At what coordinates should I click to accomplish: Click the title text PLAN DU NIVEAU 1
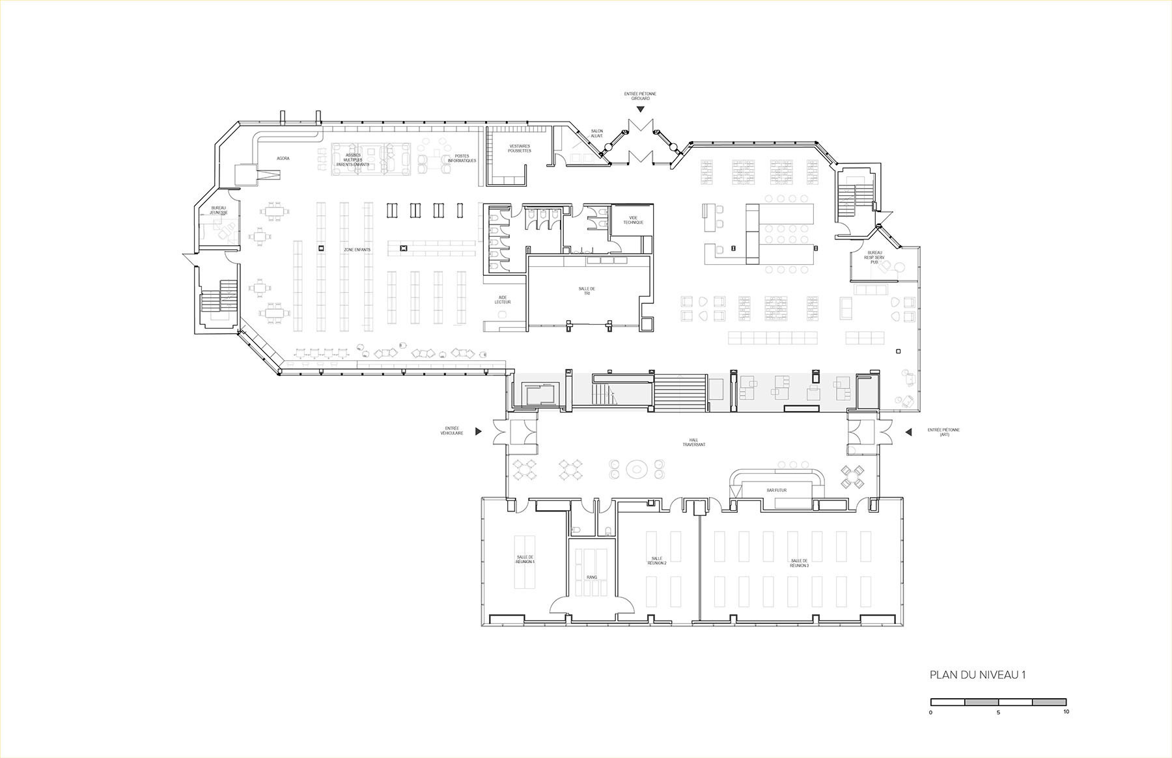click(977, 675)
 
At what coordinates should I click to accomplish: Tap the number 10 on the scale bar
click(1065, 712)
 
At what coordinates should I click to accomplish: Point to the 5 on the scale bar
click(998, 712)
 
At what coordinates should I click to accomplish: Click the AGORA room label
click(283, 158)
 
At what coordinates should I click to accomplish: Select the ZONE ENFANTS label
click(357, 250)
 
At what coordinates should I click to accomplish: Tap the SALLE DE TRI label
click(587, 291)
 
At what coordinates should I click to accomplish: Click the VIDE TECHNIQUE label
click(632, 220)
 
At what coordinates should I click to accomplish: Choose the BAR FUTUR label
click(776, 490)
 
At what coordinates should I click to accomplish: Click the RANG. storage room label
click(591, 577)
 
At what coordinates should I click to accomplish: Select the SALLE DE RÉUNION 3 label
click(799, 563)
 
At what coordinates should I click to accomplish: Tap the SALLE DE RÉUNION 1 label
click(525, 559)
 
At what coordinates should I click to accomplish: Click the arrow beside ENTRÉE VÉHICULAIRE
click(479, 431)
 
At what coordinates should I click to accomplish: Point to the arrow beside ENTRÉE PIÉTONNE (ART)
click(906, 431)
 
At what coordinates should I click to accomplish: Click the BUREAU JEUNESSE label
click(219, 210)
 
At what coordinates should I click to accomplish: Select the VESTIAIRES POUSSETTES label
click(520, 148)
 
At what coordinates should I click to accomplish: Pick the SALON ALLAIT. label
click(597, 133)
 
